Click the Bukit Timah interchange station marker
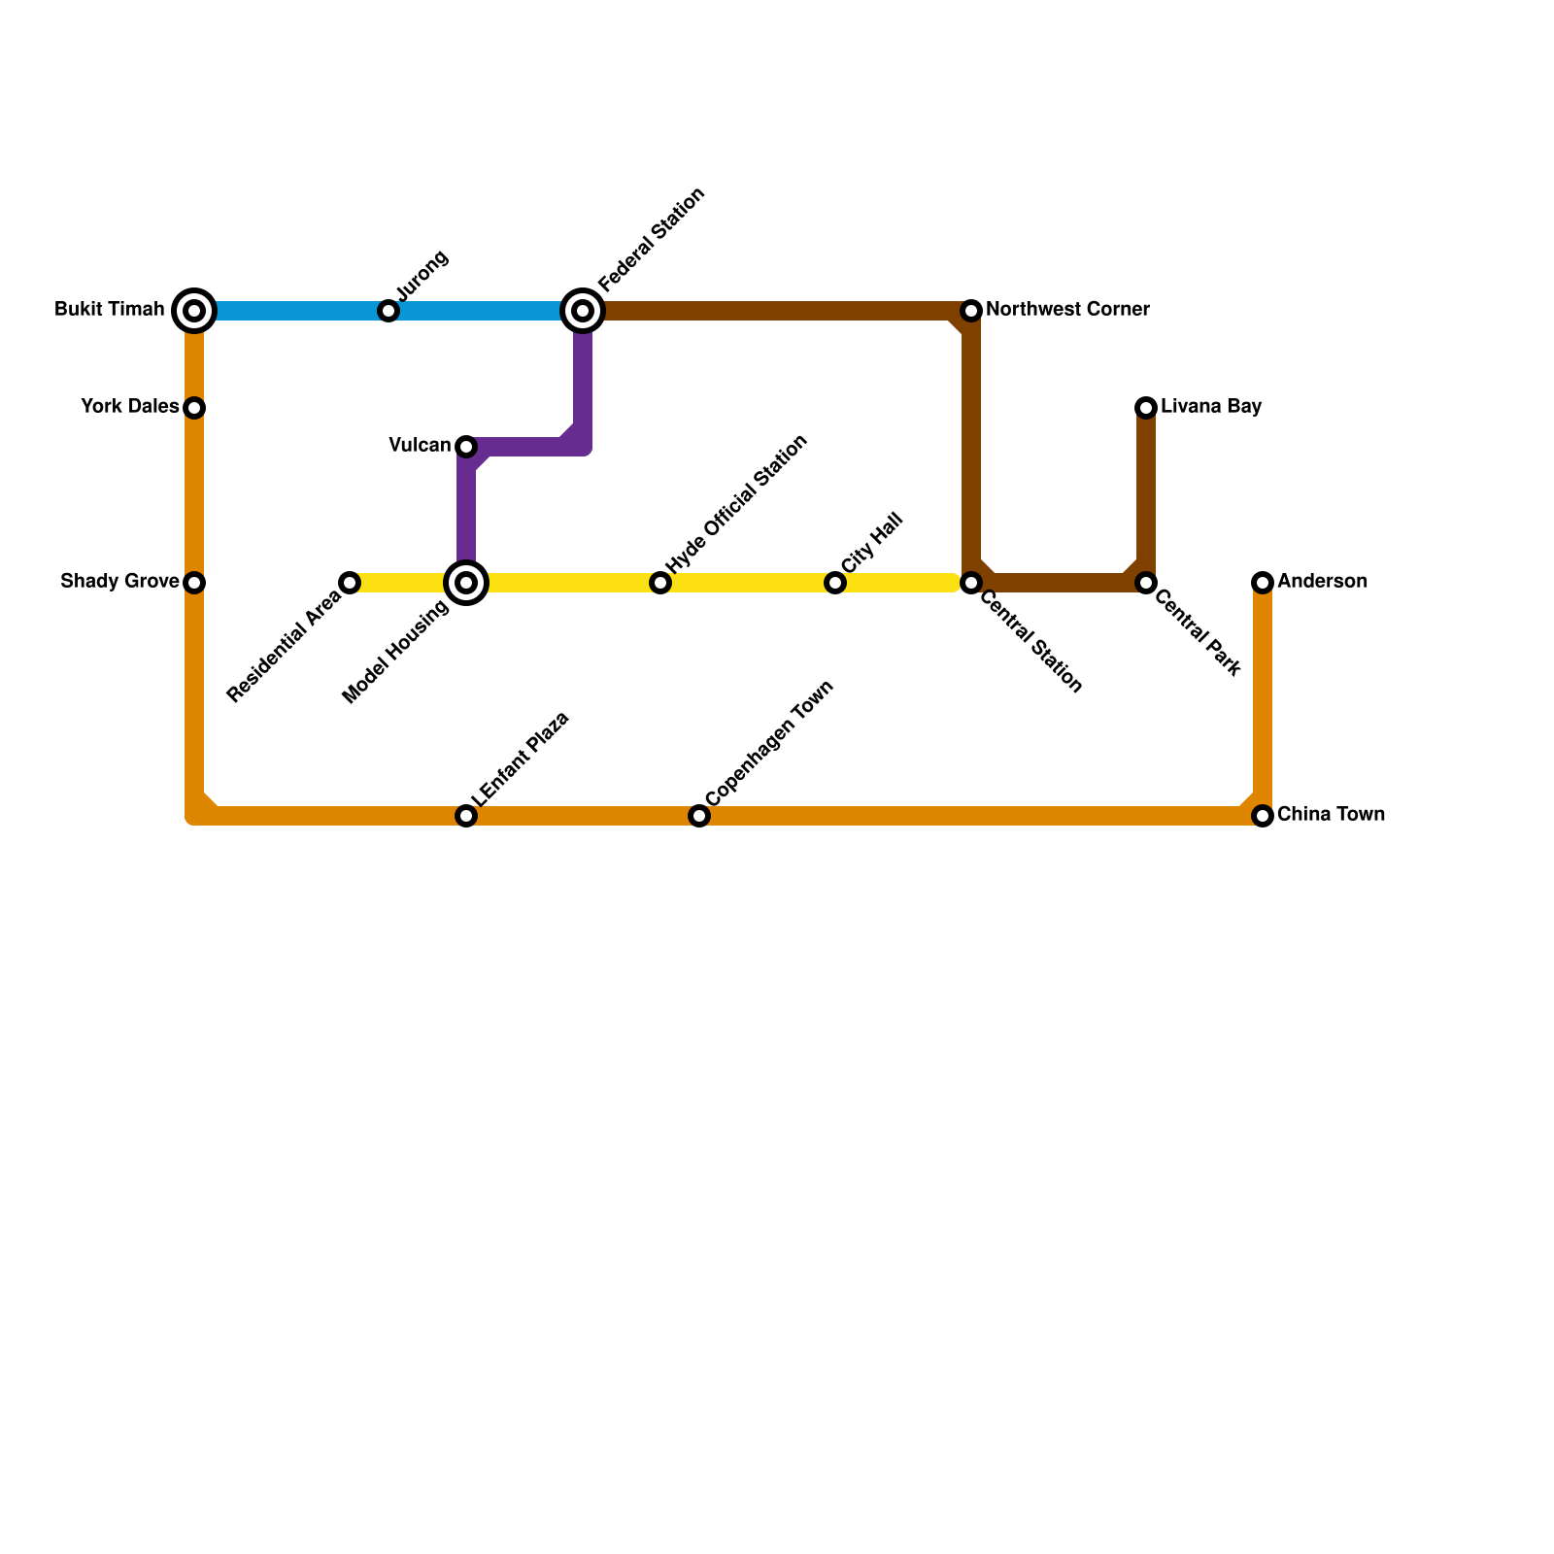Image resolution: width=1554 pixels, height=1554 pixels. (194, 311)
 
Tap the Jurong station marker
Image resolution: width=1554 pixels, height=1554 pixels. (388, 311)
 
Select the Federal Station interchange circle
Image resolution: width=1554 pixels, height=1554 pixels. (583, 311)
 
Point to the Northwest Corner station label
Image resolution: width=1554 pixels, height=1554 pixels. (1067, 310)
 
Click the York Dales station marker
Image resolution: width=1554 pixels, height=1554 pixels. (194, 408)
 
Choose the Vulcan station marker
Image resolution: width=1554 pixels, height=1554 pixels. (466, 447)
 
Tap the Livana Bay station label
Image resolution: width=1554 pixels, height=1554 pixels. (1210, 407)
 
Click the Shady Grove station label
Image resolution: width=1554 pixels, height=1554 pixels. (119, 582)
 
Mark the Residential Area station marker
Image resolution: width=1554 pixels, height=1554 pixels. (350, 583)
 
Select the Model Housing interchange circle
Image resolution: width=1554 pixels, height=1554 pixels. (466, 583)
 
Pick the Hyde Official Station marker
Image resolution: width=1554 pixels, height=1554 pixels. (660, 583)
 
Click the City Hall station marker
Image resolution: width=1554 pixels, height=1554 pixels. (835, 583)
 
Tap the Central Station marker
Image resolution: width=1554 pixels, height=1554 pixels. (971, 583)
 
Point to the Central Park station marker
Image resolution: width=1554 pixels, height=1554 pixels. (1146, 583)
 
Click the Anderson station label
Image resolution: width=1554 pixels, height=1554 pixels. (1322, 582)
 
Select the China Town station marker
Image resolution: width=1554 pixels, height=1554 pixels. (1263, 816)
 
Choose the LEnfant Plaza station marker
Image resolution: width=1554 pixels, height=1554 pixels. (466, 816)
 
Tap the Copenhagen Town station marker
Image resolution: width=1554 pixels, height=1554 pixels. (699, 816)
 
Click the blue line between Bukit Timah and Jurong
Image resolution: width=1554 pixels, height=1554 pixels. (291, 311)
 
